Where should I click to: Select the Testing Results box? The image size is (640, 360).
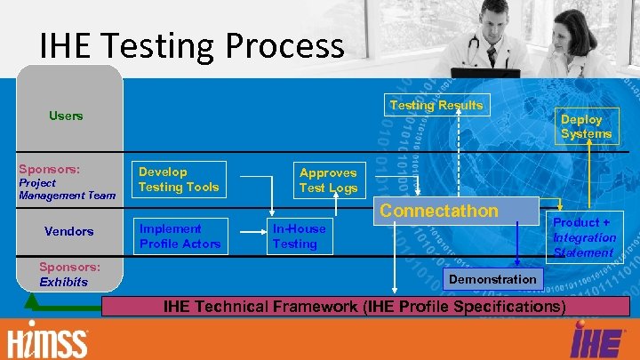tap(436, 105)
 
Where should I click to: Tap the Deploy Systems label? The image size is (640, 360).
tap(586, 126)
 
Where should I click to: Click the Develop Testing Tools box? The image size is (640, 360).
tap(179, 180)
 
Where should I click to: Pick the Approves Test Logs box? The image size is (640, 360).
tap(328, 180)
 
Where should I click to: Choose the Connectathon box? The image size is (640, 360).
tap(439, 211)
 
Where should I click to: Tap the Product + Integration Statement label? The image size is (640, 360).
tap(584, 237)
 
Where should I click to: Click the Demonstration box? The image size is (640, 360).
tap(493, 279)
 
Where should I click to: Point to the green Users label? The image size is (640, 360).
tap(66, 116)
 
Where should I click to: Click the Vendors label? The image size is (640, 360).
tap(68, 231)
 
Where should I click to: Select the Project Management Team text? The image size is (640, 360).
tap(68, 189)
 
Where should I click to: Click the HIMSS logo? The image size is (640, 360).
tap(48, 342)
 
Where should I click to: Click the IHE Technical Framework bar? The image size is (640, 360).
tap(364, 307)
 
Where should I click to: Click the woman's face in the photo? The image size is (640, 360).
tap(577, 37)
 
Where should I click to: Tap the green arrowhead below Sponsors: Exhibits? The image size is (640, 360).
tap(32, 300)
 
